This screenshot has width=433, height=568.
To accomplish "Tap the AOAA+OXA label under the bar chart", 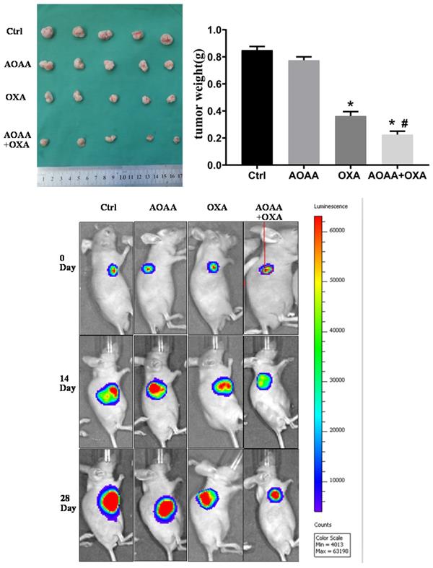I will (398, 176).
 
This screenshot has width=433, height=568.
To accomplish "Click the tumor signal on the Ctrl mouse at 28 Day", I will (110, 500).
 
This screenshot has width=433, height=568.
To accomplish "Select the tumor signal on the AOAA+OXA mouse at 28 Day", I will (274, 495).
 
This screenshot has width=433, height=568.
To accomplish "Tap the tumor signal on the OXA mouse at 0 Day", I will (213, 267).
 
